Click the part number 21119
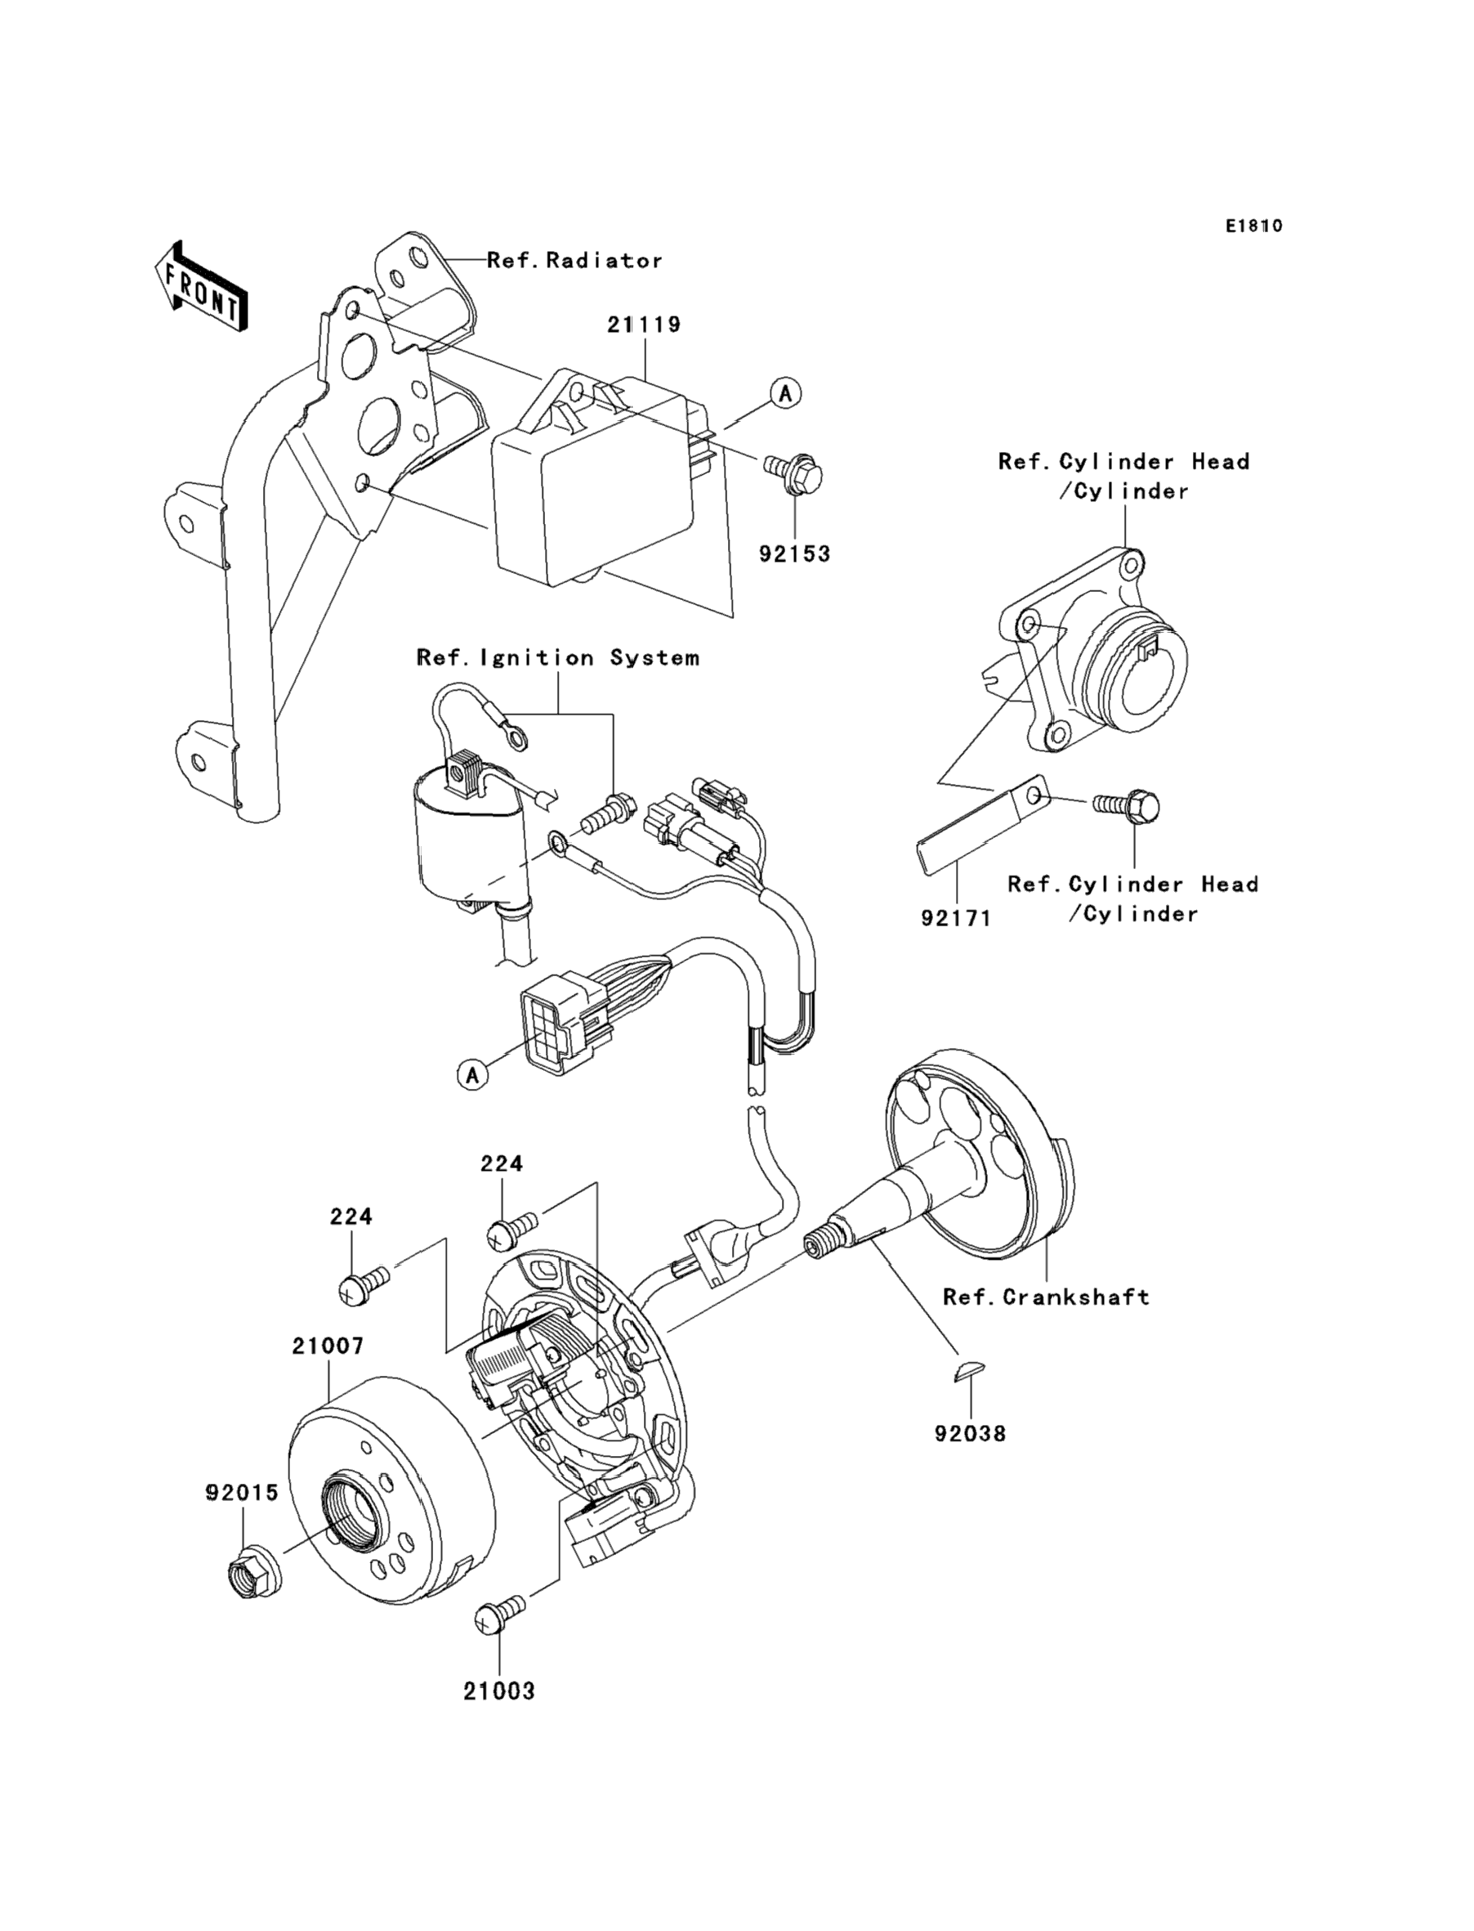[644, 325]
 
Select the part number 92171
[955, 919]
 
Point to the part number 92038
[970, 1434]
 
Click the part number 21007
[328, 1346]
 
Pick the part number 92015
[242, 1492]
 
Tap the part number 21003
[499, 1691]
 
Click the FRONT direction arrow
[201, 287]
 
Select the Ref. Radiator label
[574, 261]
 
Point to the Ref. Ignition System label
[558, 658]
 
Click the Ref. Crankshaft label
[1046, 1297]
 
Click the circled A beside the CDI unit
[785, 393]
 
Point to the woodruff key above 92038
[971, 1371]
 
